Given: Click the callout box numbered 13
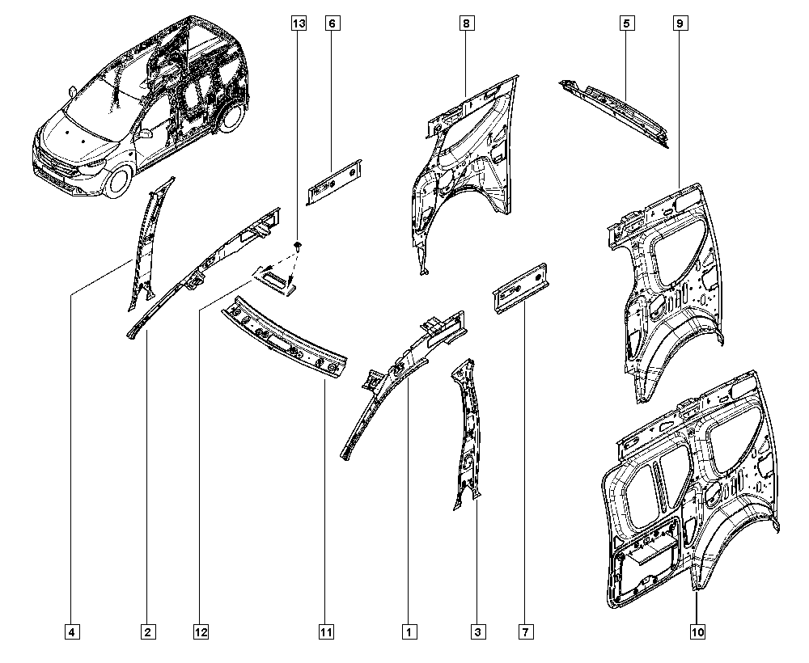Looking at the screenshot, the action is coord(299,23).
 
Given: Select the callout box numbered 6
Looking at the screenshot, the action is coord(332,23).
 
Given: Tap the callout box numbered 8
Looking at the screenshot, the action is coord(467,23).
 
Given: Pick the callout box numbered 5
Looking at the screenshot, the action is coord(627,23).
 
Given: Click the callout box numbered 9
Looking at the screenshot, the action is coord(680,23).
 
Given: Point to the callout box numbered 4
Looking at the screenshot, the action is coord(72,631).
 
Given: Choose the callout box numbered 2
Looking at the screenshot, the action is coord(147,631).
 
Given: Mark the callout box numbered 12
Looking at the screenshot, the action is coord(201,631).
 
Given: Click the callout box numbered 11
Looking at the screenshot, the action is coord(326,631).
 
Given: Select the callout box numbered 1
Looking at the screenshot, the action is coord(409,631).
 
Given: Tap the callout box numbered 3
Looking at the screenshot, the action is coord(478,631).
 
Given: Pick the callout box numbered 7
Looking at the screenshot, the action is coord(526,631).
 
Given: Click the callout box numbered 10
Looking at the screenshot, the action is coord(697,631).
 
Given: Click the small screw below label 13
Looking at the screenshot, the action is coord(299,246).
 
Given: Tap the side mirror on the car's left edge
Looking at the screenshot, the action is coord(72,91).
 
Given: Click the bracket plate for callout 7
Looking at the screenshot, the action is coord(521,288).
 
